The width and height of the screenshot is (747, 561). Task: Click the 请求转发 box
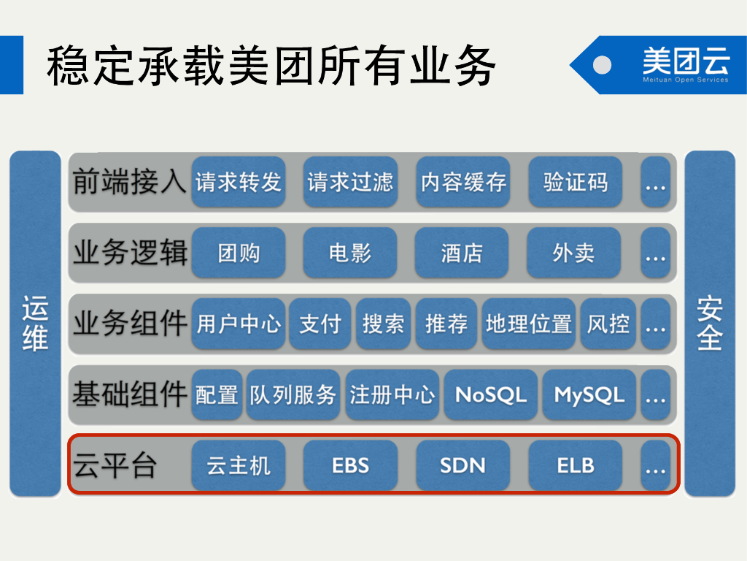click(239, 182)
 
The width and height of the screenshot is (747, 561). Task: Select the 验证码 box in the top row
click(576, 182)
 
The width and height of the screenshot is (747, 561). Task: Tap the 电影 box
click(350, 253)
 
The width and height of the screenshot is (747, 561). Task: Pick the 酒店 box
click(462, 253)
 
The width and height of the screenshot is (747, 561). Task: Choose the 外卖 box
click(573, 253)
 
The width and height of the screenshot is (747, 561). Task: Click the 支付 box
click(320, 324)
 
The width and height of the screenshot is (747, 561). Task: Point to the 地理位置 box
click(529, 324)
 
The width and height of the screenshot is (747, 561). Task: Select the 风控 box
click(608, 324)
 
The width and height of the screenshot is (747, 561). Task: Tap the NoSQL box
click(490, 395)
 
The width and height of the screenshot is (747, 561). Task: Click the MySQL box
click(589, 395)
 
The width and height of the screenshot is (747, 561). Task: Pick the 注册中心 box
click(392, 395)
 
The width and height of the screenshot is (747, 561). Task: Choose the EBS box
click(350, 465)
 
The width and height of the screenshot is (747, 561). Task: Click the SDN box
click(462, 465)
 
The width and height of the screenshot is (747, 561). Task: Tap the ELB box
click(576, 465)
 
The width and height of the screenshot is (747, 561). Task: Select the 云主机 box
click(239, 465)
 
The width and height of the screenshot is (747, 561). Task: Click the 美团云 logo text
click(685, 61)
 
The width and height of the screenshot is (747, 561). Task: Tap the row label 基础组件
click(129, 395)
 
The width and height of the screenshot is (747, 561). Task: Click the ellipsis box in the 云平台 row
click(656, 465)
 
